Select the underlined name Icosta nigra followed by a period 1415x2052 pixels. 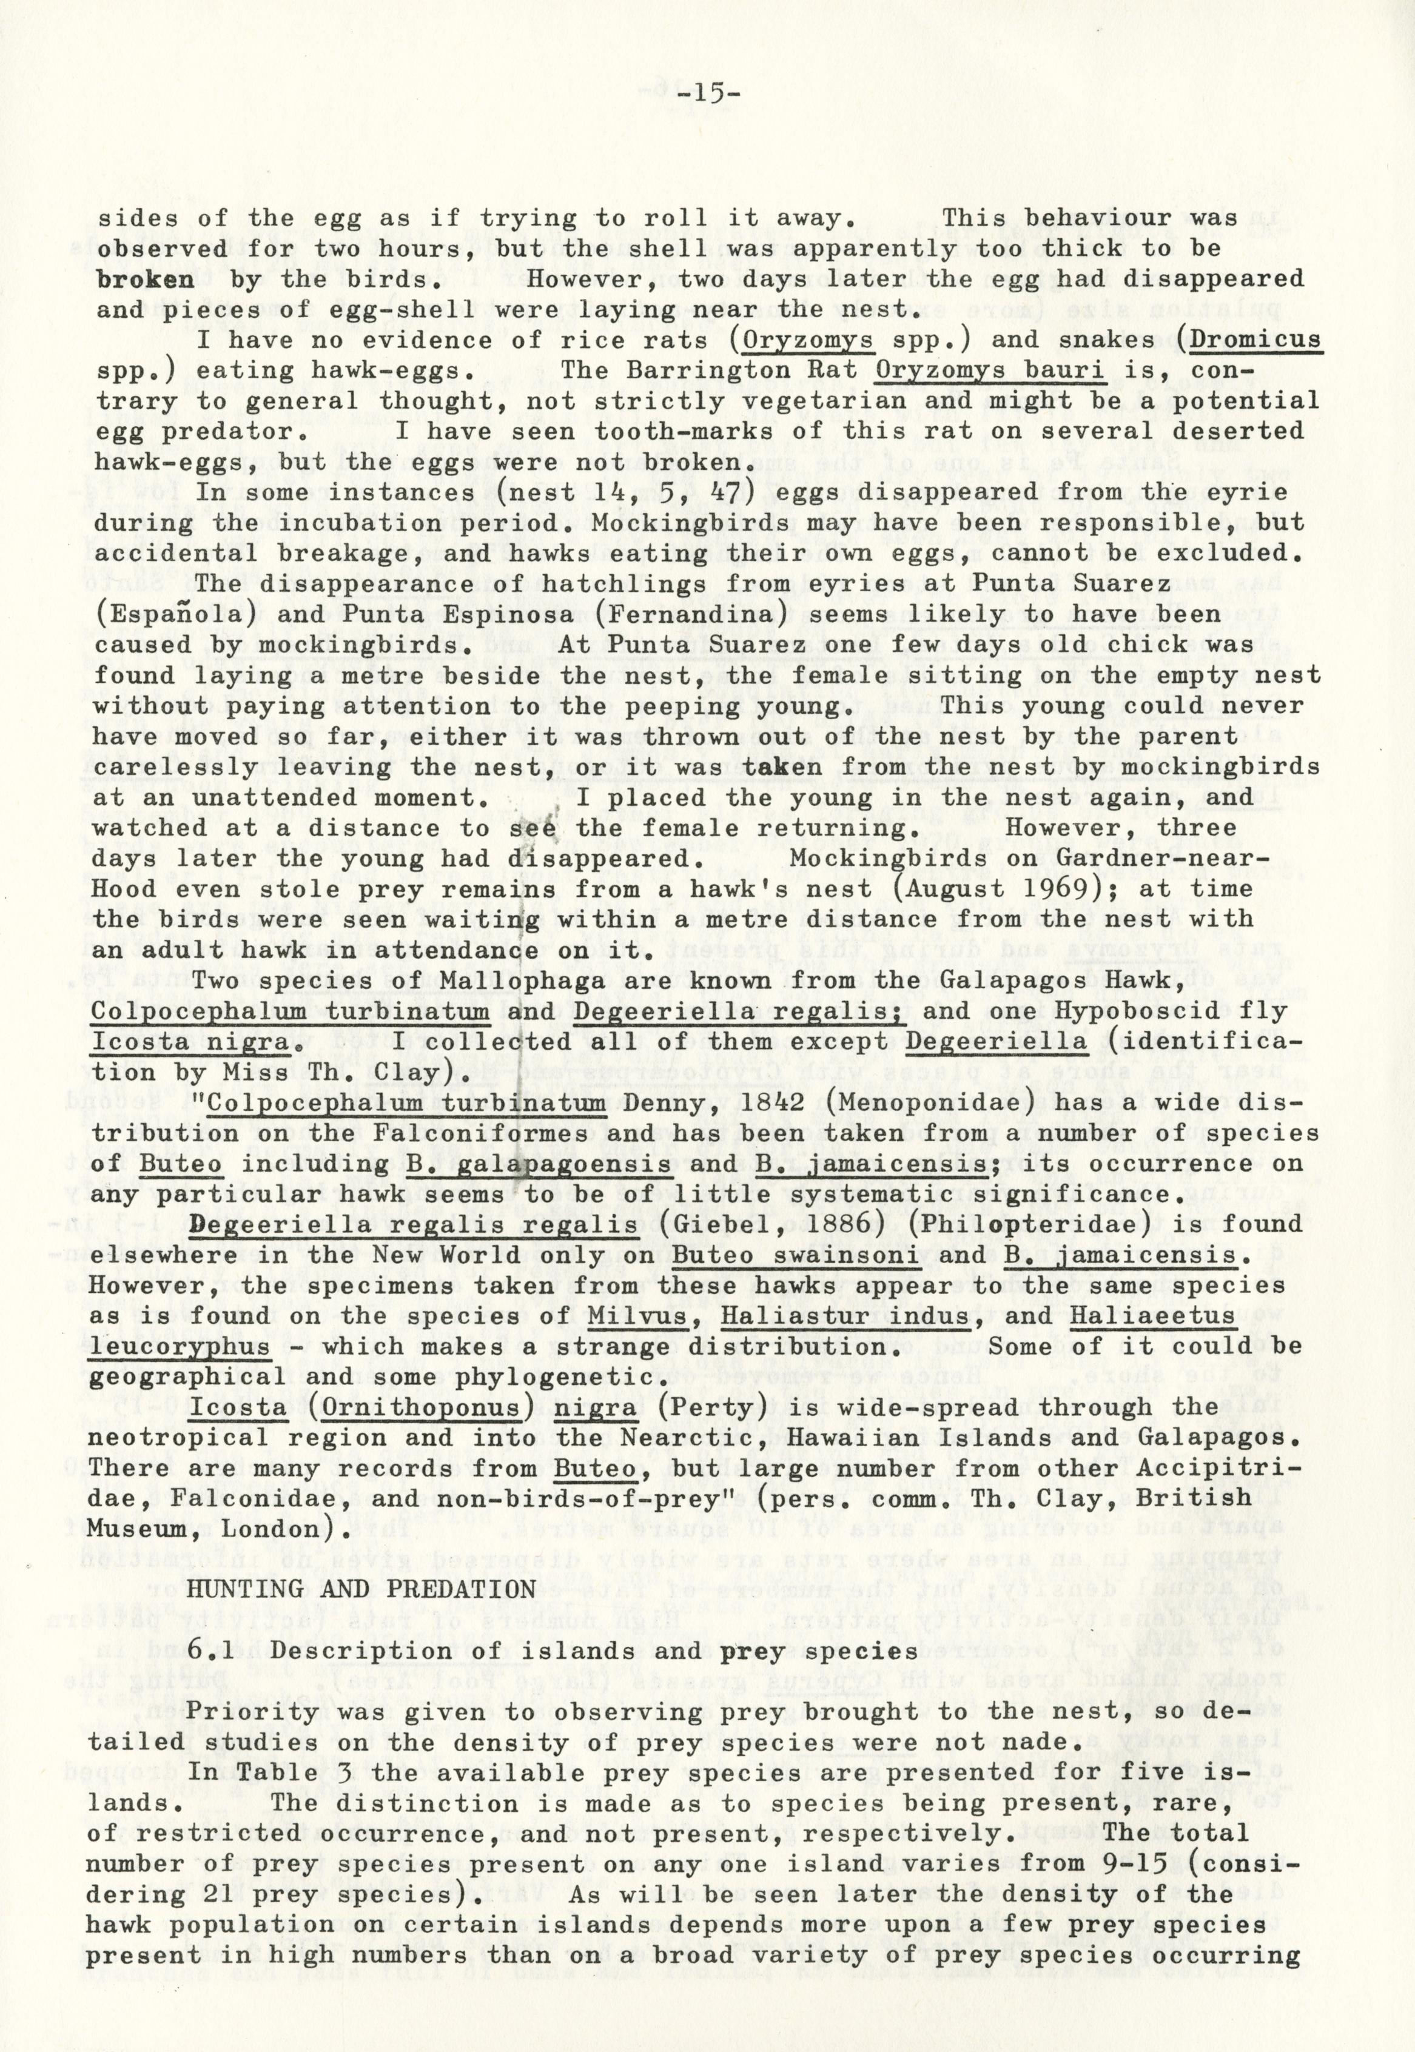coord(192,1042)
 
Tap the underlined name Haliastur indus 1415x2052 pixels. coord(844,1316)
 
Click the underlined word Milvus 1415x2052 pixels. coord(637,1316)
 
